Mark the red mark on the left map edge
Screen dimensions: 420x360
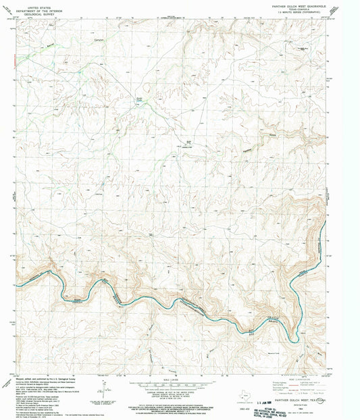click(x=14, y=59)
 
